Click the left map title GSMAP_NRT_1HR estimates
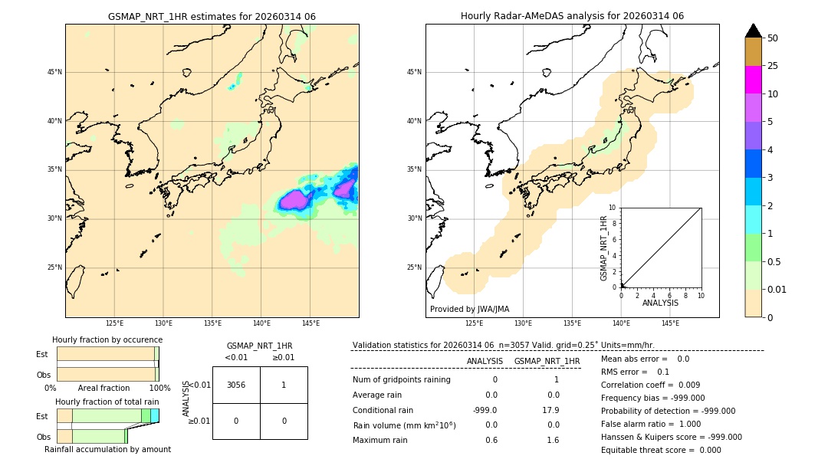(212, 16)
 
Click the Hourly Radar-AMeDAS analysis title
(572, 16)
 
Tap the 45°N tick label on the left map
(54, 72)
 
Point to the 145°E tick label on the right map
(670, 324)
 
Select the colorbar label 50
(774, 38)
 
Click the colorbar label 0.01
(777, 289)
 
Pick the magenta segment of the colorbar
(753, 80)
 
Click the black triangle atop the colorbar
(753, 31)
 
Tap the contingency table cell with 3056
(236, 385)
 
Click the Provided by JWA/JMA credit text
(469, 310)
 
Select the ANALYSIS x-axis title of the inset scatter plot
(660, 303)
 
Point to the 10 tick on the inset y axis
(613, 208)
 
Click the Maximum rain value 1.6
(552, 440)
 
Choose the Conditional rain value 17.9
(551, 410)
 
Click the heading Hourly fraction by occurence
(107, 339)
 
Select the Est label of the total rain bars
(42, 415)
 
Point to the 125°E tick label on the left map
(114, 324)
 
